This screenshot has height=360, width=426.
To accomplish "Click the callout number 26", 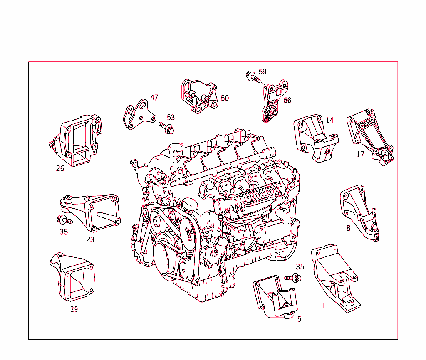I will [60, 168].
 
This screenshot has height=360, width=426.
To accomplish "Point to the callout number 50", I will [225, 98].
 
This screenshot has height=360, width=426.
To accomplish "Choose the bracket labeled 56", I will [272, 104].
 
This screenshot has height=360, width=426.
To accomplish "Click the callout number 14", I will [329, 120].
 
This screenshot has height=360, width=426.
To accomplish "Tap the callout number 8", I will [348, 228].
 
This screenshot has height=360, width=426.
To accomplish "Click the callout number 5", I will [299, 319].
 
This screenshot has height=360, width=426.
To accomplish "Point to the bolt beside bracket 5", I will [294, 277].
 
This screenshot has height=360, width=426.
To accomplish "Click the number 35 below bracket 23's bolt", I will [63, 232].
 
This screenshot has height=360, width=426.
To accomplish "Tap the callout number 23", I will [90, 239].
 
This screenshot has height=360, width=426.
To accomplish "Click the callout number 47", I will [154, 98].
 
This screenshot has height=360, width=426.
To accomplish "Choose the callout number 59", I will [262, 72].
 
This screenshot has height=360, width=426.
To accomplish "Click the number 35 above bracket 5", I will [300, 266].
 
